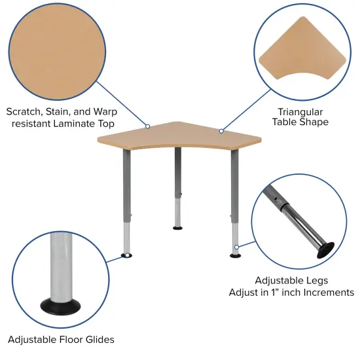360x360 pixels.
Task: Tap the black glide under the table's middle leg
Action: [x=178, y=228]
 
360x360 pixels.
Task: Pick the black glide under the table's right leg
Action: [x=236, y=255]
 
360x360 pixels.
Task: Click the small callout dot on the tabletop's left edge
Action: [x=147, y=126]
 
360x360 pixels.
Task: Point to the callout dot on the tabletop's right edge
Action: [x=221, y=131]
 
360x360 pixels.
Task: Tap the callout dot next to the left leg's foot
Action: [x=122, y=255]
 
